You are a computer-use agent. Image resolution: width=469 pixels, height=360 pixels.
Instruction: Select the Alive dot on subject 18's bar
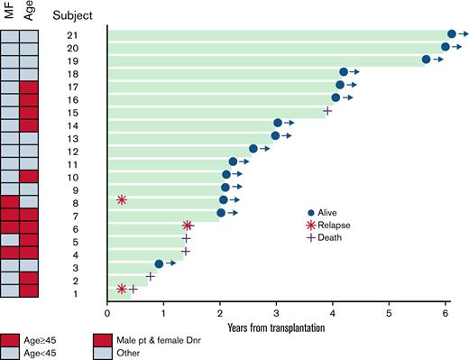pyautogui.click(x=344, y=71)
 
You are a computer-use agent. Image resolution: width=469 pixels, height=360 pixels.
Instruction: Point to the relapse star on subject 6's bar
pyautogui.click(x=188, y=226)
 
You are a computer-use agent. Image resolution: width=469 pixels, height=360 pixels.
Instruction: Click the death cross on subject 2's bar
pyautogui.click(x=151, y=276)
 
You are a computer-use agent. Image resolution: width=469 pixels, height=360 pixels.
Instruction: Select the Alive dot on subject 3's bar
pyautogui.click(x=159, y=263)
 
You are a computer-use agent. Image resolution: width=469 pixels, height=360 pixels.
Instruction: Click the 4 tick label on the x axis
pyautogui.click(x=333, y=313)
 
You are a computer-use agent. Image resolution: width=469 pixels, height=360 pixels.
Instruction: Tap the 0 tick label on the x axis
pyautogui.click(x=107, y=313)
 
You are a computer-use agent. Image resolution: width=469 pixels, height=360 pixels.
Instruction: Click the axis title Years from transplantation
pyautogui.click(x=276, y=326)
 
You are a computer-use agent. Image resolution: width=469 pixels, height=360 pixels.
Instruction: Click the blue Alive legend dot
pyautogui.click(x=313, y=213)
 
